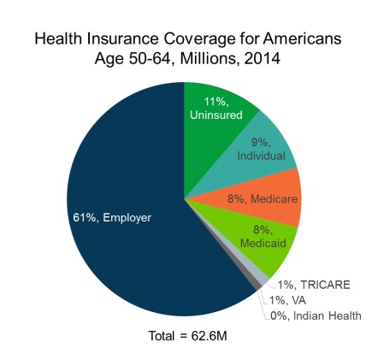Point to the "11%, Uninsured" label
(x=216, y=109)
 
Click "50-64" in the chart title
(x=151, y=59)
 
